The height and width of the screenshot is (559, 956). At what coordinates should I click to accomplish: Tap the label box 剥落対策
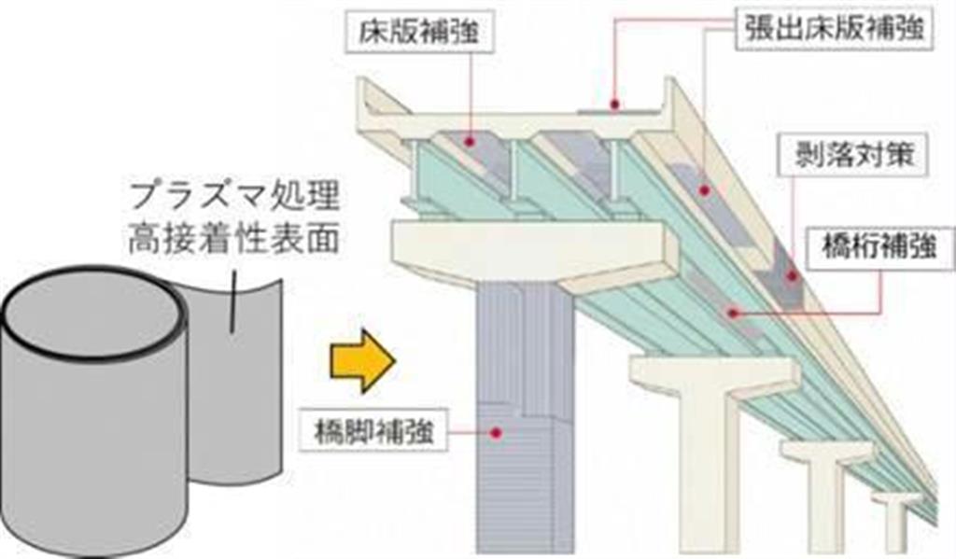coord(850,156)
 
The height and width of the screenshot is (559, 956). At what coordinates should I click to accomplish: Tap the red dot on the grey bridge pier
coord(497,432)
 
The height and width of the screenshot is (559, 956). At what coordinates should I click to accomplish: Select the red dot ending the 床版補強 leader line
coord(470,142)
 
